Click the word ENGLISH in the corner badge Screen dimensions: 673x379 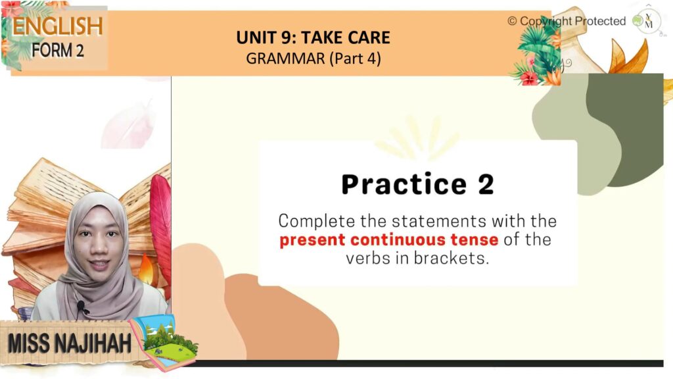point(58,26)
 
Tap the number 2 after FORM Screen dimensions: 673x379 point(80,51)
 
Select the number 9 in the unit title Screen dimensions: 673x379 point(287,38)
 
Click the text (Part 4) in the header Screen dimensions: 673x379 point(356,59)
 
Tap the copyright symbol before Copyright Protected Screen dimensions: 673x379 point(512,21)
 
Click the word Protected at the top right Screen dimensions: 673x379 point(600,21)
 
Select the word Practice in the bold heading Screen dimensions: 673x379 point(404,184)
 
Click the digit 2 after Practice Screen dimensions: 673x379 point(486,184)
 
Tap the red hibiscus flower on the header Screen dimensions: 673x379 point(529,78)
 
